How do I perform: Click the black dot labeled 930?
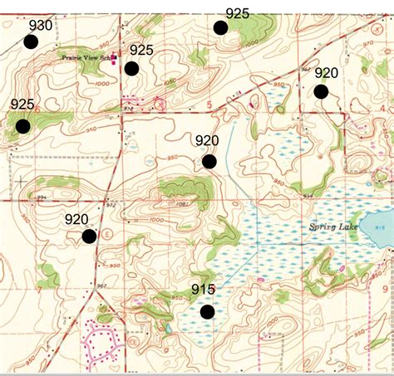click(32, 42)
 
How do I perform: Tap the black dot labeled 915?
click(207, 312)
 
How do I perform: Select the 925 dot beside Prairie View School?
click(131, 68)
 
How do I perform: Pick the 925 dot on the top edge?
click(220, 27)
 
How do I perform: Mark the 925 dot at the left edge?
click(22, 126)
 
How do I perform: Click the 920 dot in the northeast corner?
click(321, 91)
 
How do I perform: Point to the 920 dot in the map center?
click(209, 162)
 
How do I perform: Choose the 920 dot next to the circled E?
click(89, 237)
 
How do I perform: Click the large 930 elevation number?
click(40, 25)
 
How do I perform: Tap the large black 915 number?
click(203, 290)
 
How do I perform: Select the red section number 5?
click(209, 104)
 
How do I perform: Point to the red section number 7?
click(39, 290)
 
